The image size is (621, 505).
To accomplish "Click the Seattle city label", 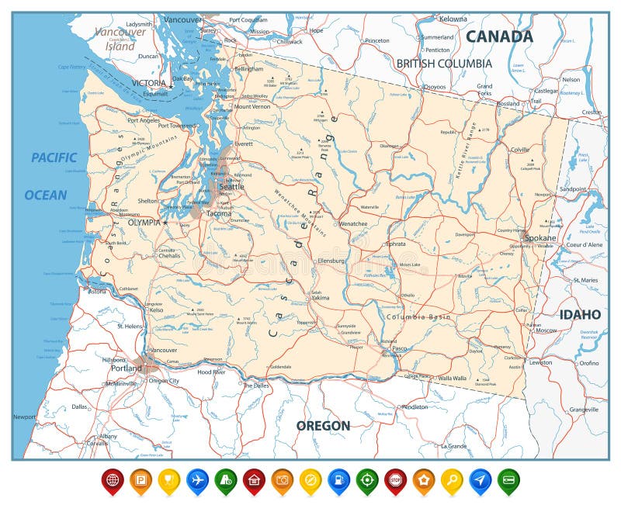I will coord(231,187).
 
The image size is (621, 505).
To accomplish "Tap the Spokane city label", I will coord(540,237).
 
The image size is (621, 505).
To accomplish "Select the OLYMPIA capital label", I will coord(144,223).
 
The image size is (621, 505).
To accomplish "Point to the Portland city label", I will coord(126,368).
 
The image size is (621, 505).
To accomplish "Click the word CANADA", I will coord(499,36).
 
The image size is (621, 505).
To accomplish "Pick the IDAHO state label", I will coord(580,314).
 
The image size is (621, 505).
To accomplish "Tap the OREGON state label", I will coord(323,425).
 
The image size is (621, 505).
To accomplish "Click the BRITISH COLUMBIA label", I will coord(443,63).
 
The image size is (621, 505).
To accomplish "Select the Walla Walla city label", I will coord(453,379).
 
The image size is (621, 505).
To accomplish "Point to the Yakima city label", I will coord(321,298).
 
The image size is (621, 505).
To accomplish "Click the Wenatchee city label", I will coord(353,223).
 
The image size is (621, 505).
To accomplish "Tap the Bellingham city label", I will coord(248,69).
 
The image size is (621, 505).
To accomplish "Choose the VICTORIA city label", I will coord(149,83).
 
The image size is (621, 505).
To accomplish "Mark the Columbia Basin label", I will coord(418,317).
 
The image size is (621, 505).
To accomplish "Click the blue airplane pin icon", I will coord(197,480).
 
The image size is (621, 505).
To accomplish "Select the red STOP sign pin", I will coord(395,480).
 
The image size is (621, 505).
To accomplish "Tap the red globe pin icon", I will coord(113,480).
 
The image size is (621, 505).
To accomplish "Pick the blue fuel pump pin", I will coord(338,480).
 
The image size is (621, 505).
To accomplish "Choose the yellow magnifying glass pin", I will coord(452,480).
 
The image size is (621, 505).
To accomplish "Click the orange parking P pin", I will coord(141,480).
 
